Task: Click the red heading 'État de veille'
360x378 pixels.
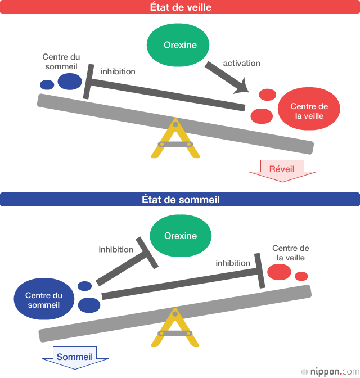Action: pyautogui.click(x=180, y=7)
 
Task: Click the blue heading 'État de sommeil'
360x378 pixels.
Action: pyautogui.click(x=180, y=200)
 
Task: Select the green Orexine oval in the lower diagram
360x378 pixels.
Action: pyautogui.click(x=181, y=236)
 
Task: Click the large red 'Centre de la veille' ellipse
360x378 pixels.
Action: pyautogui.click(x=309, y=111)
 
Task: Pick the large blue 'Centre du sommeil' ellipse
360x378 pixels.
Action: pyautogui.click(x=43, y=300)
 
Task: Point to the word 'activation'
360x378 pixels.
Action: pyautogui.click(x=241, y=63)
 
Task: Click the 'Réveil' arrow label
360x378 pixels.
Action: pyautogui.click(x=282, y=169)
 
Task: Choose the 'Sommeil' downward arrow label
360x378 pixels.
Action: pyautogui.click(x=75, y=357)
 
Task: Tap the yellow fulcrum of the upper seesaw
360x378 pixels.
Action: pyautogui.click(x=175, y=140)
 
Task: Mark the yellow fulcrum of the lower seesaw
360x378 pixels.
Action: pyautogui.click(x=175, y=329)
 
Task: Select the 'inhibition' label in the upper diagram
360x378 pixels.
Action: pyautogui.click(x=118, y=71)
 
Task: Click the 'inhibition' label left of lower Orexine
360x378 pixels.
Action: pyautogui.click(x=116, y=249)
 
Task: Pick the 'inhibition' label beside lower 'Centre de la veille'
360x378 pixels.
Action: pyautogui.click(x=233, y=263)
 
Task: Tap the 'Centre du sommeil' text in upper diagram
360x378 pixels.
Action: pyautogui.click(x=61, y=61)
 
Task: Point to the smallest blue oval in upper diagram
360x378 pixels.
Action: pyautogui.click(x=47, y=85)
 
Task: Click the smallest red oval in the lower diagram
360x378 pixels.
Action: pyautogui.click(x=301, y=276)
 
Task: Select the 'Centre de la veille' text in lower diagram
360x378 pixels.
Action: pyautogui.click(x=291, y=253)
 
